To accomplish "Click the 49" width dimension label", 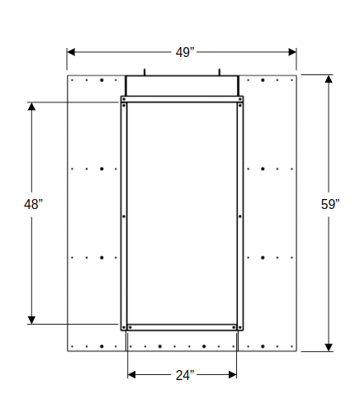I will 183,52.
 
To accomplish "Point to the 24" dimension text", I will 184,375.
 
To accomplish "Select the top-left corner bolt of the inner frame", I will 124,99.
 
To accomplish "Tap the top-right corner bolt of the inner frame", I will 240,99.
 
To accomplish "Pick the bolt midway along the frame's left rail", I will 124,216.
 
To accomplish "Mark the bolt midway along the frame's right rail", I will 240,216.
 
